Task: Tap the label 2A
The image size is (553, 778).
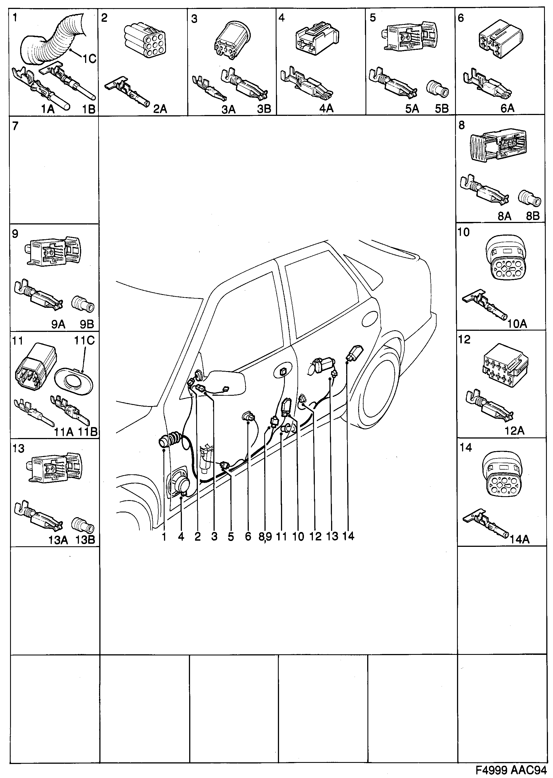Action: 160,109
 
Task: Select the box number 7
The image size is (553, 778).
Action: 15,126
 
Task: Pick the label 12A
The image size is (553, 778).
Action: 514,431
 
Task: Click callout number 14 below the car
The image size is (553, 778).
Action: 348,536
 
